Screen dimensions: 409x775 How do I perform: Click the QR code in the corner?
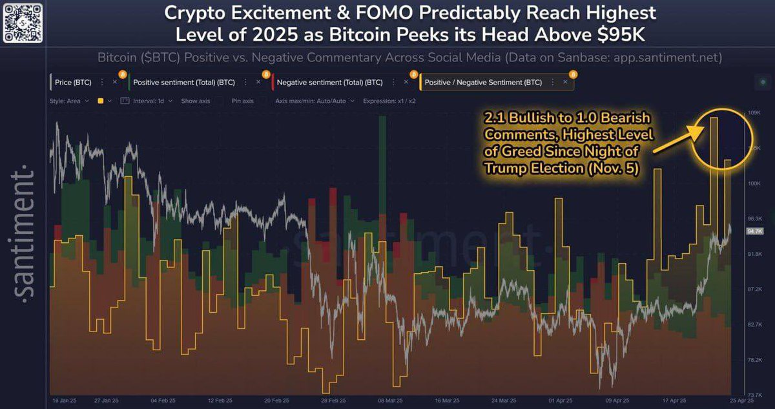pyautogui.click(x=23, y=23)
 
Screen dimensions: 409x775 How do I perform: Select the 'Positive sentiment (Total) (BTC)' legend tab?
pyautogui.click(x=183, y=83)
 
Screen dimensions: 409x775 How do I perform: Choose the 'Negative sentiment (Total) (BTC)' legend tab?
pyautogui.click(x=329, y=83)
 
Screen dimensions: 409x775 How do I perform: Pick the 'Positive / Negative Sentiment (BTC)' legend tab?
pyautogui.click(x=483, y=83)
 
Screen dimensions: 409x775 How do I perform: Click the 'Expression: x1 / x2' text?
pyautogui.click(x=389, y=101)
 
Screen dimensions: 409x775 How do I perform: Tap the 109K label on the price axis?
pyautogui.click(x=754, y=113)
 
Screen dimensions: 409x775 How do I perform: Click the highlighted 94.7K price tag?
pyautogui.click(x=754, y=231)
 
